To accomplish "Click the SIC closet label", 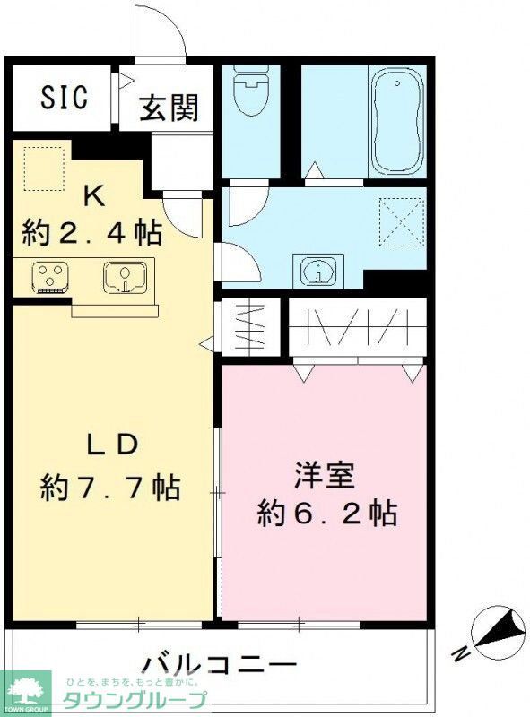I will click(x=64, y=98).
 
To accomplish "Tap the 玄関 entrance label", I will click(x=169, y=108).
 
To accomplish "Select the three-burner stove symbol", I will click(x=49, y=277).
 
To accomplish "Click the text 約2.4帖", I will click(x=92, y=233).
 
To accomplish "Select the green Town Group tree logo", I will click(x=27, y=692).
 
